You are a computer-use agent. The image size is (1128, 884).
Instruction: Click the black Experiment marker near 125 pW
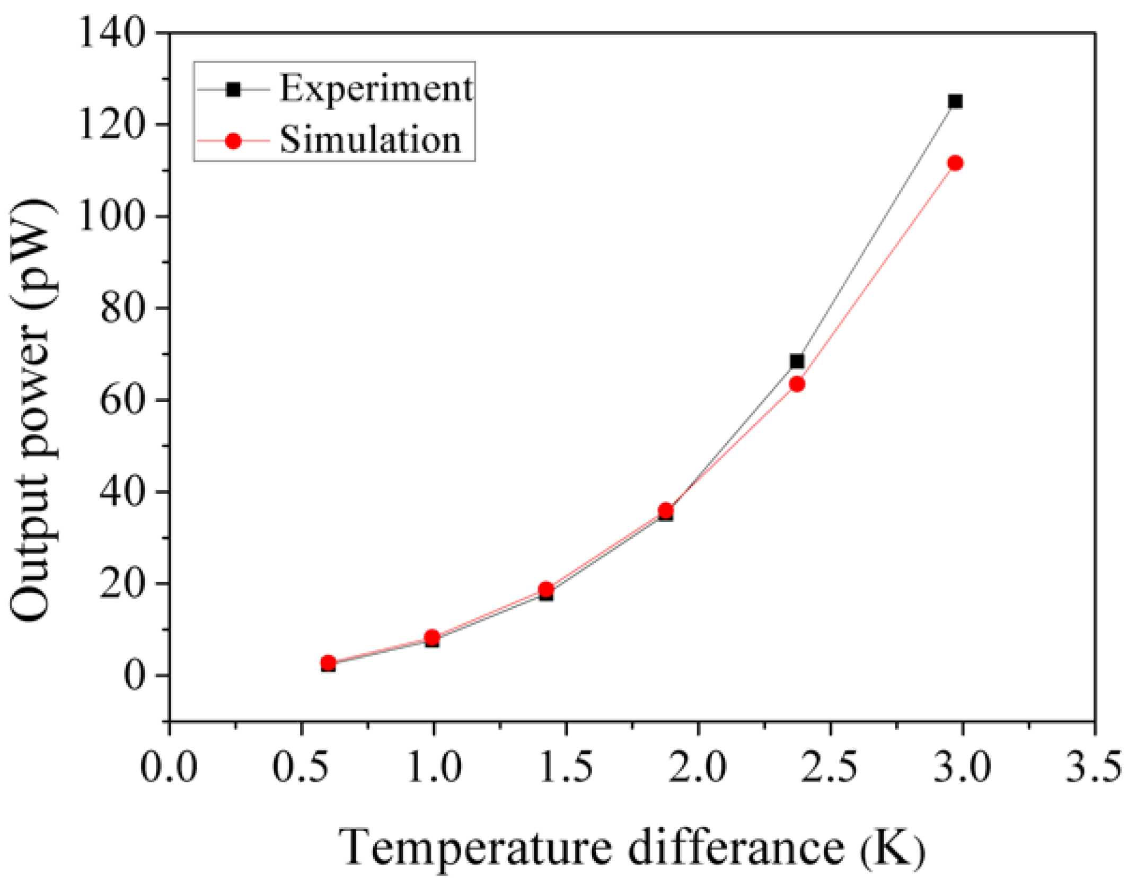coord(955,101)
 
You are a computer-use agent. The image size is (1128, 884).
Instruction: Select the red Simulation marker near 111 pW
coord(955,163)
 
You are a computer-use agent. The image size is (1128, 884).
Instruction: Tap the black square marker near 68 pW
coord(797,362)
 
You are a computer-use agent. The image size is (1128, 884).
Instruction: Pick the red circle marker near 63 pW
coord(797,384)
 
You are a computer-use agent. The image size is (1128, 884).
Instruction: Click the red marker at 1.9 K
coord(666,511)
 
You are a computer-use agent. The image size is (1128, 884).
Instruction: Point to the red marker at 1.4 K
coord(546,589)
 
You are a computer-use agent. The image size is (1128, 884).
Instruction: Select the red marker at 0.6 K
coord(328,662)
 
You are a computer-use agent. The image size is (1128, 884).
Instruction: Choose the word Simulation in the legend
coord(370,140)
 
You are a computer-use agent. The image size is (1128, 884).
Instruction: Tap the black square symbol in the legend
coord(233,90)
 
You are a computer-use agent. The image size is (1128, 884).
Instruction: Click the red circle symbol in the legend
coord(233,141)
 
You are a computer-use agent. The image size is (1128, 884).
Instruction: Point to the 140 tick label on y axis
coord(112,33)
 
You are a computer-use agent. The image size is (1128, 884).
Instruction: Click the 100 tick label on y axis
coord(112,216)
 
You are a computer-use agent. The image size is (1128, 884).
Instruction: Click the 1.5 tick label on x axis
coord(566,767)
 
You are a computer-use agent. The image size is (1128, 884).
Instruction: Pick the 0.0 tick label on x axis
coord(169,767)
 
